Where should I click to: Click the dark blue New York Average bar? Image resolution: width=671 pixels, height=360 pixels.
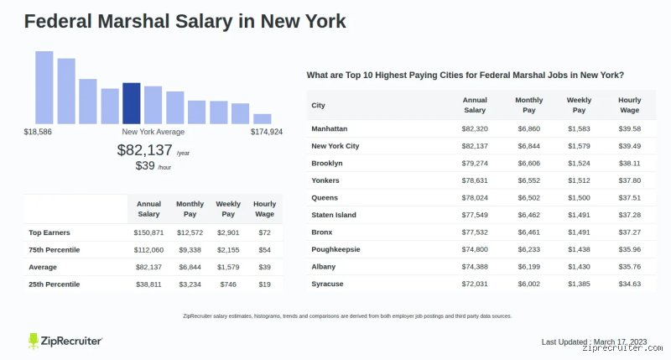(132, 103)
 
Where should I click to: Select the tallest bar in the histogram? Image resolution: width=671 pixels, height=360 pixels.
(44, 88)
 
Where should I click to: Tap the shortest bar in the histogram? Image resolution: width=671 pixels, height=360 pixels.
(263, 119)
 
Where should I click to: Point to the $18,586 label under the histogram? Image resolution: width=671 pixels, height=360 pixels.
(38, 132)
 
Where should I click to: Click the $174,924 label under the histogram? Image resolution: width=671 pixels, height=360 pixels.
(267, 132)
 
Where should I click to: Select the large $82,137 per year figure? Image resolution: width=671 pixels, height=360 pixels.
(144, 150)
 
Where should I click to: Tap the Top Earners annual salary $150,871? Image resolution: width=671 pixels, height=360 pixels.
(148, 232)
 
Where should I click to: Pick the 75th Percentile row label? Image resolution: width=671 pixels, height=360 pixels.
(55, 250)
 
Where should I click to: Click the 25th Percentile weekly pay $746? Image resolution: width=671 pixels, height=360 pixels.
(228, 284)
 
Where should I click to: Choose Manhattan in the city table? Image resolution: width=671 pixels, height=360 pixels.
(330, 129)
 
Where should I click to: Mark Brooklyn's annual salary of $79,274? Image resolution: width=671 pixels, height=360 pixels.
(475, 163)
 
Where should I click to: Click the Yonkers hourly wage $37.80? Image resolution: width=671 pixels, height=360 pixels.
(630, 180)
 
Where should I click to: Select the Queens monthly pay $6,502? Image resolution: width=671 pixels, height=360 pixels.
(529, 198)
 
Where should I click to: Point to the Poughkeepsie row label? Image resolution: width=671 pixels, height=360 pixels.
(336, 249)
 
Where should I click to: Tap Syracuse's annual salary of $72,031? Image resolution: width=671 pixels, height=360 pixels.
(475, 284)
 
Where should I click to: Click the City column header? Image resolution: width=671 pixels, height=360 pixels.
(319, 105)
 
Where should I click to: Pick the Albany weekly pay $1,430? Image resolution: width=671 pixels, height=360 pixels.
(579, 267)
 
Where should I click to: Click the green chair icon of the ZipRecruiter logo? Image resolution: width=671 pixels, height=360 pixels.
(34, 342)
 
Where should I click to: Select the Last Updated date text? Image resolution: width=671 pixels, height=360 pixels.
(595, 342)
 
